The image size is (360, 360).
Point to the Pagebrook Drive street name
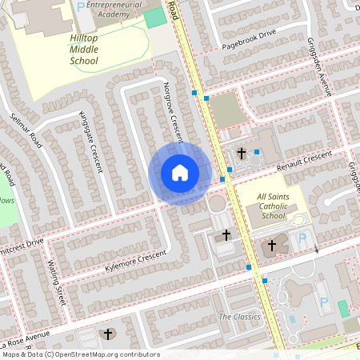point(249,37)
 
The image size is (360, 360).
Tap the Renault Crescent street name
point(303,159)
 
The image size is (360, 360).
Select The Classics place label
point(239,317)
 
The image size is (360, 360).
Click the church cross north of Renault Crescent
point(242,152)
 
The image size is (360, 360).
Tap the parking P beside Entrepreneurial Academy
point(81,6)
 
